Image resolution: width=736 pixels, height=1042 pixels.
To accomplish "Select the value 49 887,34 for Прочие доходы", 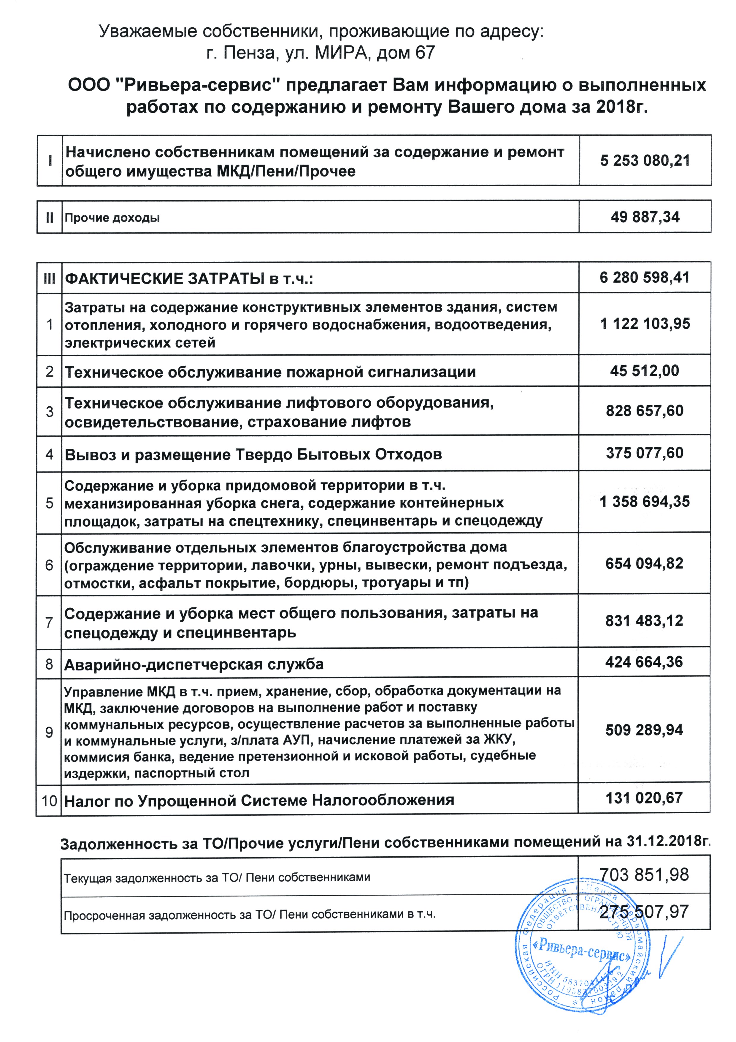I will [x=645, y=217].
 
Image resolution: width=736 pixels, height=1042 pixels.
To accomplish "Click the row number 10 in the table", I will [x=49, y=800].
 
